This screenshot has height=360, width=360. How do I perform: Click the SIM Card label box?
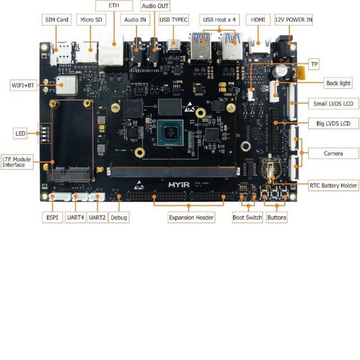click(56, 20)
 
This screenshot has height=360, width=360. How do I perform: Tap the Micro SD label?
click(91, 20)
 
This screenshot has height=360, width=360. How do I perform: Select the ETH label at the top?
click(114, 6)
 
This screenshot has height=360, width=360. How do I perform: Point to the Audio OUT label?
click(155, 6)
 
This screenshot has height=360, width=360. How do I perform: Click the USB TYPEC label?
click(173, 20)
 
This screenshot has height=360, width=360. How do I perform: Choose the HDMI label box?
click(258, 20)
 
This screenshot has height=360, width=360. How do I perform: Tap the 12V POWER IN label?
click(294, 20)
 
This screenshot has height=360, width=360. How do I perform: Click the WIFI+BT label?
click(23, 85)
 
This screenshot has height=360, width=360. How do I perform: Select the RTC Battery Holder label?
click(333, 186)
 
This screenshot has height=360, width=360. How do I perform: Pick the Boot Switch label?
click(247, 217)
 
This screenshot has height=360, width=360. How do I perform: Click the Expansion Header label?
click(191, 217)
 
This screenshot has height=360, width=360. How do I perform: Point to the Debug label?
click(119, 217)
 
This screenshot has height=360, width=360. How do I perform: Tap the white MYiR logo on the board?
click(179, 184)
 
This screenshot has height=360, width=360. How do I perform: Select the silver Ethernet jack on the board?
click(111, 50)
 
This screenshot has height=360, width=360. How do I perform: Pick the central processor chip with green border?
click(170, 133)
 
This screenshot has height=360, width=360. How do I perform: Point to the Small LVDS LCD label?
click(333, 104)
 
